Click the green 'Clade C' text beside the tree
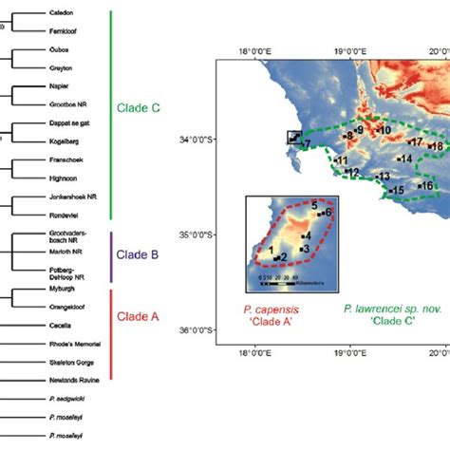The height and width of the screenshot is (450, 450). click(139, 108)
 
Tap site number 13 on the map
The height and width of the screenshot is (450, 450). click(384, 177)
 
